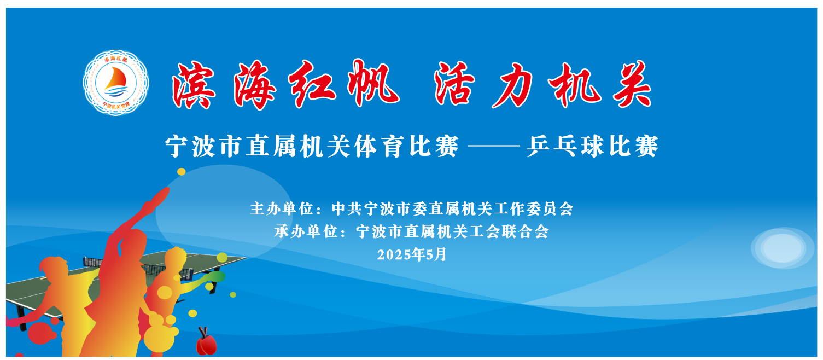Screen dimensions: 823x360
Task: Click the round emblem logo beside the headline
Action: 116,83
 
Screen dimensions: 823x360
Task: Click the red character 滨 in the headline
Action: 194,85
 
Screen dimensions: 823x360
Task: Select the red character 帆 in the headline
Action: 373,83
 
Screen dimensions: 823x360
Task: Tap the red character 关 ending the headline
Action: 632,84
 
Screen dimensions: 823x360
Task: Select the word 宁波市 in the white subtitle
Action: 203,147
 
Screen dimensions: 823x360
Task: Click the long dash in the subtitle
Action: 493,147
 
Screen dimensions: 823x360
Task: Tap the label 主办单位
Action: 282,209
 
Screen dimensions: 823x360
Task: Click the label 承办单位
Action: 306,231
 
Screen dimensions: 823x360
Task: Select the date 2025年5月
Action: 411,254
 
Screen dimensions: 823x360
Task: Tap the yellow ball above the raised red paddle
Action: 182,172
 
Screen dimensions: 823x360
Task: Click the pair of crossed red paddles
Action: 206,341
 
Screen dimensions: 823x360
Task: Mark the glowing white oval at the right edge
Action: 782,248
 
